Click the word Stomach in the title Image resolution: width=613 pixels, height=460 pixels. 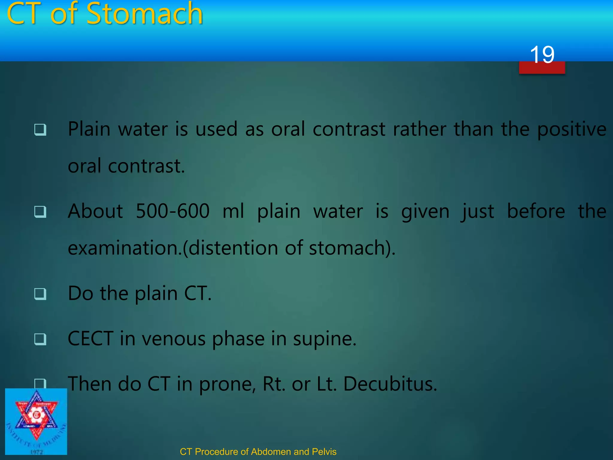click(x=145, y=14)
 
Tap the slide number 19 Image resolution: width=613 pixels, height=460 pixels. click(x=542, y=55)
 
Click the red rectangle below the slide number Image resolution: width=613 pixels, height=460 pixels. click(x=542, y=68)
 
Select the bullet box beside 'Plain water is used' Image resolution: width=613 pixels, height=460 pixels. click(x=40, y=130)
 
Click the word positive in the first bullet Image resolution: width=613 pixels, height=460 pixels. click(x=572, y=130)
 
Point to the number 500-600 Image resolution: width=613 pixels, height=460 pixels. click(x=172, y=211)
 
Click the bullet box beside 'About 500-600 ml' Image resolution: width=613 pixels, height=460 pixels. click(x=40, y=212)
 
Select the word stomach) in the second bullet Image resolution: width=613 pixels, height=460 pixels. click(x=352, y=248)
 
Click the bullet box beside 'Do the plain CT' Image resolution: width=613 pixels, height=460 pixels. click(x=40, y=294)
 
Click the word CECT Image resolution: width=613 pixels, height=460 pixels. click(x=91, y=339)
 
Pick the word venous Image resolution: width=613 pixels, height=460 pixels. click(x=174, y=339)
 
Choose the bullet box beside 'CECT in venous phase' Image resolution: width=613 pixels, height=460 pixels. click(x=40, y=339)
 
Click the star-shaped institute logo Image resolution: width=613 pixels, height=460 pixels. click(x=36, y=416)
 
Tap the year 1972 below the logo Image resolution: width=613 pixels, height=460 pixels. click(x=37, y=452)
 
